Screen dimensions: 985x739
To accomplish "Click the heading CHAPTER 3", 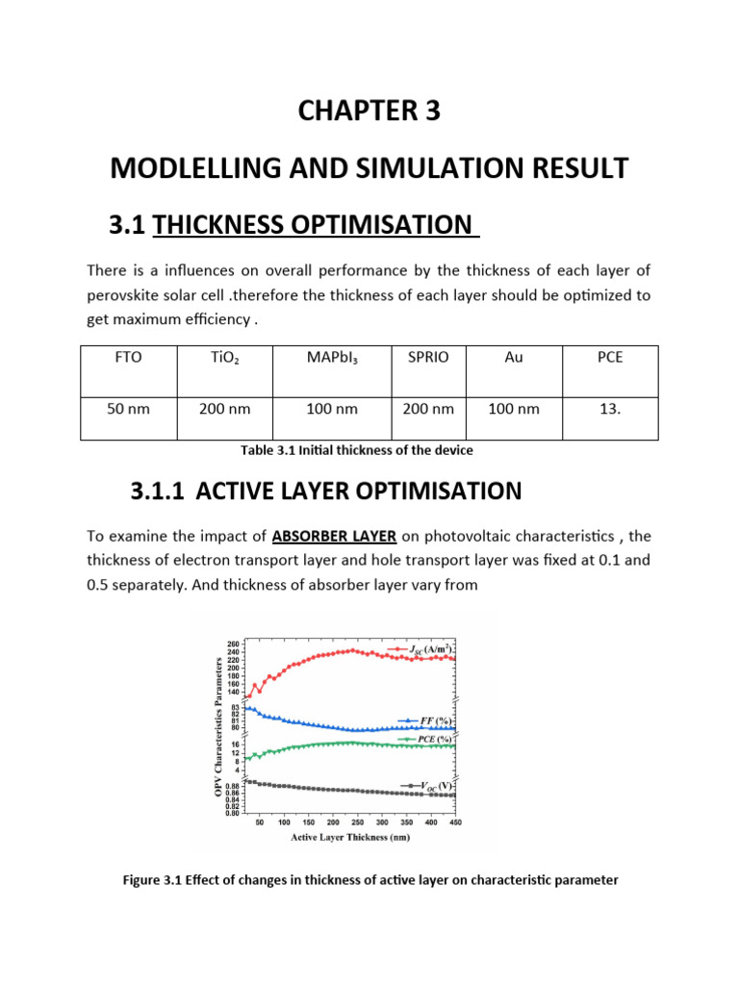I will click(x=369, y=111).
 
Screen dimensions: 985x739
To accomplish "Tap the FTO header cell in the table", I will click(x=128, y=357).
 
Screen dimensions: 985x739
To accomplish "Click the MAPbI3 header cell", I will click(x=331, y=357).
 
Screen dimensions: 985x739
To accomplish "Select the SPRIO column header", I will click(x=427, y=357).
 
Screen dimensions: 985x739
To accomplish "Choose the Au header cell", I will click(x=514, y=357).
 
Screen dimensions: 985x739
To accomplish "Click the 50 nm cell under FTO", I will click(x=128, y=409).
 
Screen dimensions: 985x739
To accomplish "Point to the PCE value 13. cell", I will click(x=610, y=409).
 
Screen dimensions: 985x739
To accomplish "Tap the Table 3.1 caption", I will click(x=369, y=449).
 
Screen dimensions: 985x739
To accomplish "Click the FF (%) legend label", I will click(x=427, y=720).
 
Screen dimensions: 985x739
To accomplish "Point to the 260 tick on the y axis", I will click(x=234, y=644).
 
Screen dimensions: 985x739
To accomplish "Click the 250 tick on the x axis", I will click(x=333, y=823).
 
